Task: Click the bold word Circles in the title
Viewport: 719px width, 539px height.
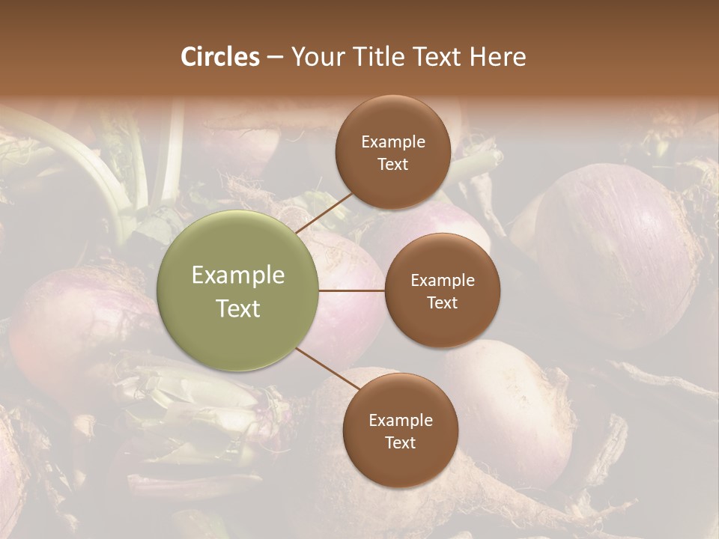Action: pyautogui.click(x=220, y=57)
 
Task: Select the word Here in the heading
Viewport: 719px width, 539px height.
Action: pyautogui.click(x=497, y=57)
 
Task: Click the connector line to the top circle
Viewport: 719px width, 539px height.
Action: pyautogui.click(x=325, y=211)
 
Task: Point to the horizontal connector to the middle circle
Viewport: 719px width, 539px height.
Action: pyautogui.click(x=351, y=290)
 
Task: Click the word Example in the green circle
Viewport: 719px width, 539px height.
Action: pyautogui.click(x=238, y=275)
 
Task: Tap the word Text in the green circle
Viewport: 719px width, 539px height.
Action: pyautogui.click(x=238, y=308)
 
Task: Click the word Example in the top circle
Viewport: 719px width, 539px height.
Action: pyautogui.click(x=392, y=142)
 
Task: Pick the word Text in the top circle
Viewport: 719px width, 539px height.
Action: pyautogui.click(x=392, y=165)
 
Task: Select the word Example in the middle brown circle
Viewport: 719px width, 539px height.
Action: pyautogui.click(x=442, y=281)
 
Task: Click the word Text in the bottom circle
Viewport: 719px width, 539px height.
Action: pyautogui.click(x=400, y=443)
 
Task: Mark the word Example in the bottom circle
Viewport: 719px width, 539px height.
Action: pyautogui.click(x=400, y=421)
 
